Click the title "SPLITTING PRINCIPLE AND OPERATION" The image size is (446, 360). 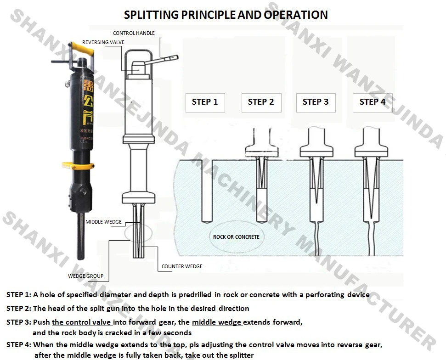pos(226,15)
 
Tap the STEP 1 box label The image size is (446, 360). pos(205,102)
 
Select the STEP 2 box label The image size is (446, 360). pos(261,102)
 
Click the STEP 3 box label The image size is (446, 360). pos(316,102)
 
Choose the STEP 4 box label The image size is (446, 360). pos(373,102)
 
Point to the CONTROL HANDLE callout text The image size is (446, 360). pos(134,33)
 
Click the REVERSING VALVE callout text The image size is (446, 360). pos(103,42)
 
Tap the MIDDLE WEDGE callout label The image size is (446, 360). pos(104,222)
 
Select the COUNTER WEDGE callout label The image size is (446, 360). pos(182,266)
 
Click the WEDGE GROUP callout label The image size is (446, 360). pos(85,276)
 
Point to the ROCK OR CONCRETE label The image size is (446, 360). pos(236,237)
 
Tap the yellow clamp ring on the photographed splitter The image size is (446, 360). pos(78,164)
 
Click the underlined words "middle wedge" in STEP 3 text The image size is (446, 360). pos(217,322)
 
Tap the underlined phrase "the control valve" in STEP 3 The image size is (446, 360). pos(82,322)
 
